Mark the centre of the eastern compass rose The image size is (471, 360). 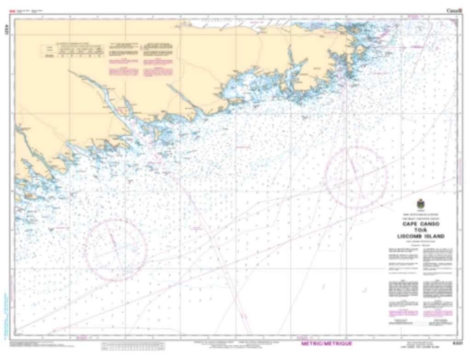(x=356, y=177)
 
